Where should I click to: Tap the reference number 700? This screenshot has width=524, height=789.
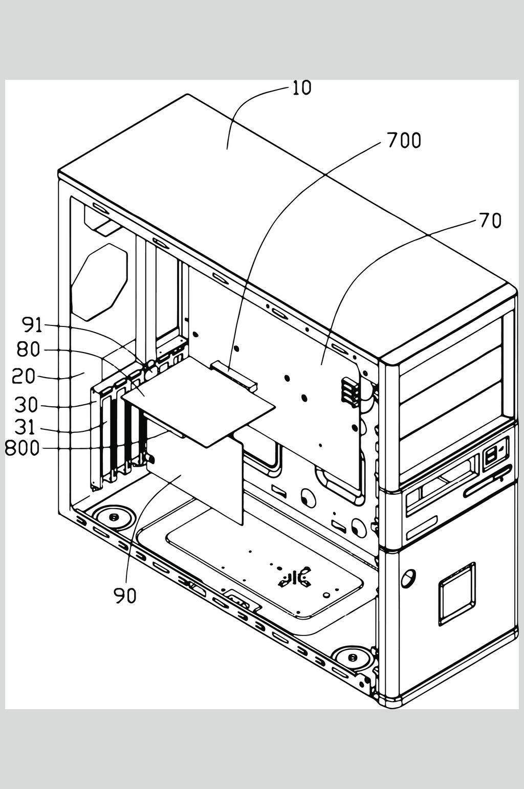pyautogui.click(x=404, y=141)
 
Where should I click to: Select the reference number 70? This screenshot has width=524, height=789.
pyautogui.click(x=490, y=221)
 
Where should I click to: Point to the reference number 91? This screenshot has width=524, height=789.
pyautogui.click(x=32, y=325)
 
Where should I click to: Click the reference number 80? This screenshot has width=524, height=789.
pyautogui.click(x=29, y=350)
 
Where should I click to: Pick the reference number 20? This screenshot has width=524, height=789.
pyautogui.click(x=23, y=376)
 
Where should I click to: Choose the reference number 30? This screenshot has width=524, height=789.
pyautogui.click(x=26, y=405)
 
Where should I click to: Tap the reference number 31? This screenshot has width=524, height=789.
pyautogui.click(x=26, y=427)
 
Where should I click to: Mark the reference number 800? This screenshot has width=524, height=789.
pyautogui.click(x=22, y=448)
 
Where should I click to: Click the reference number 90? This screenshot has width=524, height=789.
pyautogui.click(x=125, y=596)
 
